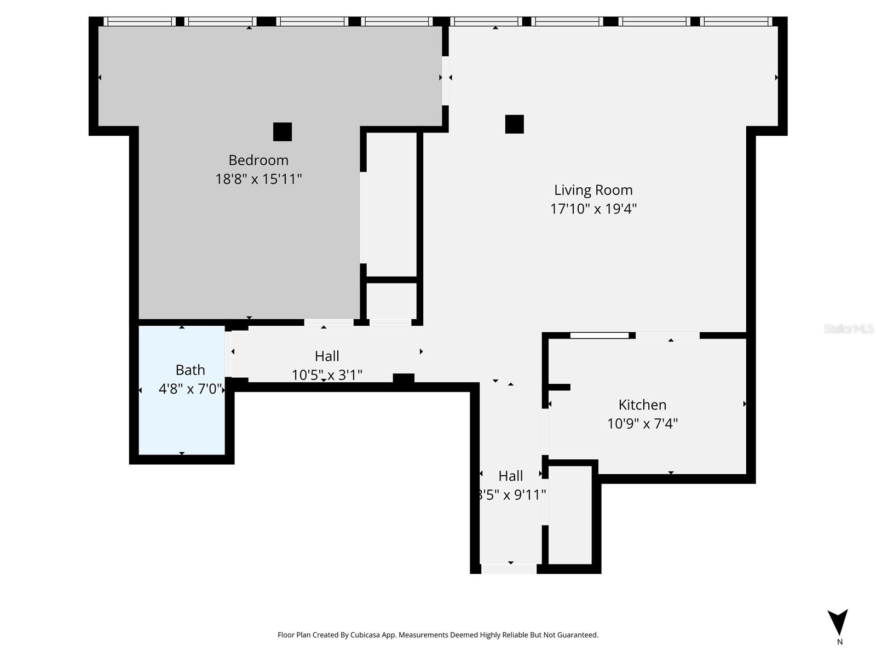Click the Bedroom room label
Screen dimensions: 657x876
tap(258, 160)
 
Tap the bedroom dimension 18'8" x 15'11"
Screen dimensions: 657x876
tap(258, 179)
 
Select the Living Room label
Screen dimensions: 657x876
tap(593, 190)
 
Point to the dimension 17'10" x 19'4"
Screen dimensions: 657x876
tap(593, 209)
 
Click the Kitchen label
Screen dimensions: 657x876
tap(642, 405)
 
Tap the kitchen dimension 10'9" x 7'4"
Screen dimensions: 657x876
tap(642, 423)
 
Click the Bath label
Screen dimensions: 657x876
tap(190, 370)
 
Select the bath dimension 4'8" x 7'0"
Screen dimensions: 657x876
tap(190, 389)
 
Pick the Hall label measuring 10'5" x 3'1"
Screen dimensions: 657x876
tap(327, 356)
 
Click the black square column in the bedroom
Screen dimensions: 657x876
tap(283, 132)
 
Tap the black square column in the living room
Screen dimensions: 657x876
tap(514, 124)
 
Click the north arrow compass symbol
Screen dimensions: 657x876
tap(838, 623)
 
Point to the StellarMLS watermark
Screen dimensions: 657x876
tap(848, 328)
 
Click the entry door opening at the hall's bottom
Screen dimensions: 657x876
tap(509, 569)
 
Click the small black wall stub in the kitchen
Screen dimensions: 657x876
tap(560, 387)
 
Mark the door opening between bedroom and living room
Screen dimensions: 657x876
tap(446, 80)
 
